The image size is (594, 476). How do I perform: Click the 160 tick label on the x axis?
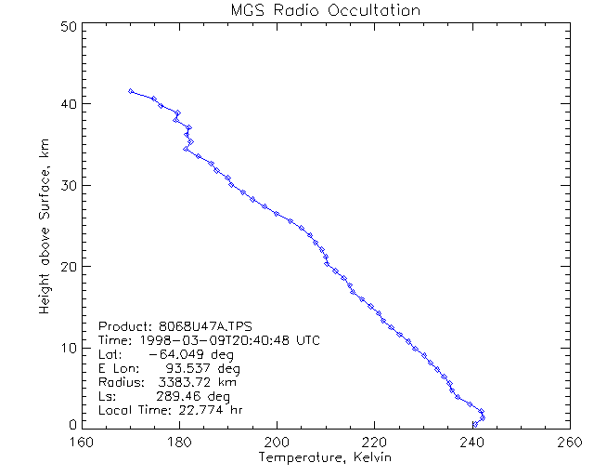[x=83, y=442]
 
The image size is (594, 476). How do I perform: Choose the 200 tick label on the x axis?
[x=277, y=442]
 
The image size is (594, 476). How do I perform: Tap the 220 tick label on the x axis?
[x=374, y=442]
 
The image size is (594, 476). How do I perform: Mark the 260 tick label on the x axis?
[x=567, y=442]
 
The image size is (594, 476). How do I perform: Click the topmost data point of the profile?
[x=131, y=91]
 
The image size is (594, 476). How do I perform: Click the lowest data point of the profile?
[x=475, y=425]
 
